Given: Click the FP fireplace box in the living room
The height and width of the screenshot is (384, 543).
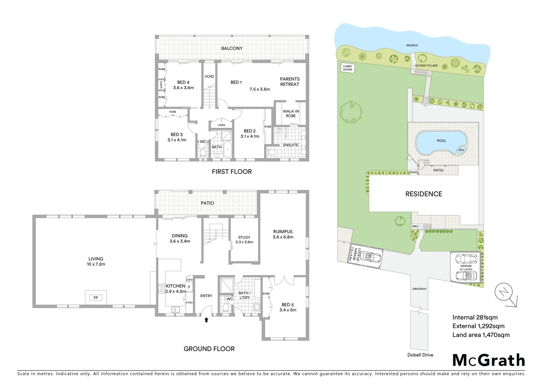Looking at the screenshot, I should pos(96,298).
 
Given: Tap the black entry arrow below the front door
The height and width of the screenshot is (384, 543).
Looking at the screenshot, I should pos(206,320).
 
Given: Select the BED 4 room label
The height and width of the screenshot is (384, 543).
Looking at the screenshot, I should pos(183,82).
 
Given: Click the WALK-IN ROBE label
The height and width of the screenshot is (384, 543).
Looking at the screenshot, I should pos(291,113).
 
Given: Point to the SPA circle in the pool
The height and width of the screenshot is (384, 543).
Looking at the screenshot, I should pos(461,150).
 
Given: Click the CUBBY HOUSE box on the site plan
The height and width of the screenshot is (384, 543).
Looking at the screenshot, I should pos(348,68).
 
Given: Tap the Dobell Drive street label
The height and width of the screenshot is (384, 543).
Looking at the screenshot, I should pos(420,355).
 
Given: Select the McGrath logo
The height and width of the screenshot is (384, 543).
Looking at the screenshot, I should pos(489,360).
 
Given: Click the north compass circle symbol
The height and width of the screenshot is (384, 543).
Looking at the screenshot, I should pos(504,292).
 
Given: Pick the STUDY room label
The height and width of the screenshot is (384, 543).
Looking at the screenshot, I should pos(244,238).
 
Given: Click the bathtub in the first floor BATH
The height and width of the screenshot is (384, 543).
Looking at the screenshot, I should pos(227,150).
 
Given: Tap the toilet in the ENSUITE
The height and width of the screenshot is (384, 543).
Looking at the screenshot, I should pos(271,152).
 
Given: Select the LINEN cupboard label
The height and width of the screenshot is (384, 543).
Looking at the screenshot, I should pos(221,125).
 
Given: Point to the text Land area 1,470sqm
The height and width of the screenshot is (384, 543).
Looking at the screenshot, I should pos(481,335).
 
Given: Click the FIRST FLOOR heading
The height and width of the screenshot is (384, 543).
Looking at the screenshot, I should pos(232,172).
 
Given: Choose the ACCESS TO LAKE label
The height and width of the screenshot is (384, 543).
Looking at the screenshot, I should pos(426,65).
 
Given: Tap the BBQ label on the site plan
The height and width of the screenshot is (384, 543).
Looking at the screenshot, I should pos(415,226).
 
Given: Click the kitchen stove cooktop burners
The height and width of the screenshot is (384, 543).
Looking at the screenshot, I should pos(161,288).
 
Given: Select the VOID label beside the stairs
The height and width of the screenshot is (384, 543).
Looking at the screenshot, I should pos(209,76).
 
